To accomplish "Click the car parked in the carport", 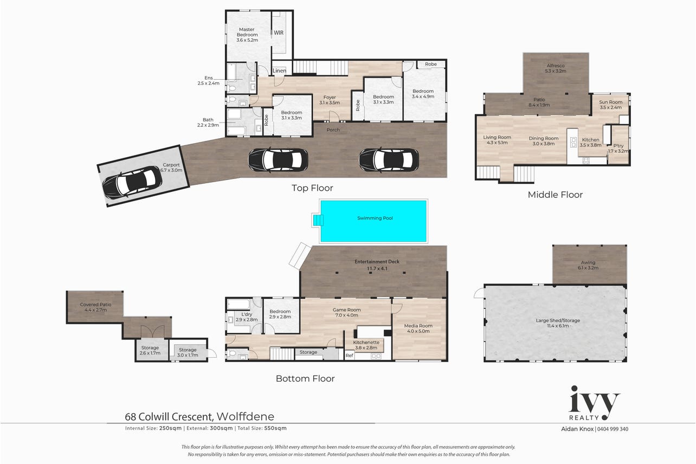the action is [132, 183].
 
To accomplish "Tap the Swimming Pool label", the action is [375, 218].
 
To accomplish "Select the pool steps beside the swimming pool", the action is [318, 220].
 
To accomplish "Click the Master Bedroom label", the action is [247, 32].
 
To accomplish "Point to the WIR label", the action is [279, 33].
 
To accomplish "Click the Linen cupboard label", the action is [279, 71].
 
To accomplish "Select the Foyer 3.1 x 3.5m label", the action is [330, 100].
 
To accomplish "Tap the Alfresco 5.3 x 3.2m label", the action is [556, 68].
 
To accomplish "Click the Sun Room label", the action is [610, 102].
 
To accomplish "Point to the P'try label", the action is [618, 145].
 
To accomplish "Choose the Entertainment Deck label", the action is [377, 262].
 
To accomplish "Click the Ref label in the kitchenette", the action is [349, 356].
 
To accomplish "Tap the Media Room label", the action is [418, 326].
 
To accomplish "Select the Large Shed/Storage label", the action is [558, 320].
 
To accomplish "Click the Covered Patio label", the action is [95, 305].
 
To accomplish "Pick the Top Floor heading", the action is [312, 188].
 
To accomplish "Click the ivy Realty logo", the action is [594, 403].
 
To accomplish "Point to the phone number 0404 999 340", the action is [613, 429].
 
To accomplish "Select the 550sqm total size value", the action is [275, 428].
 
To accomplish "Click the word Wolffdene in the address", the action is [246, 416].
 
